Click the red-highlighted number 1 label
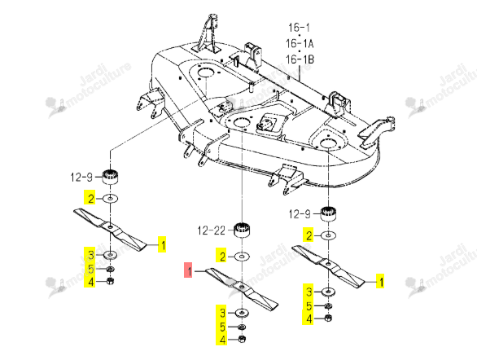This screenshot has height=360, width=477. tap(188, 270)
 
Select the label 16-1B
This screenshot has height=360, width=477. tap(300, 59)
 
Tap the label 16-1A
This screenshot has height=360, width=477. tap(300, 43)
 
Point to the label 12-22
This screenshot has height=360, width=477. tap(212, 230)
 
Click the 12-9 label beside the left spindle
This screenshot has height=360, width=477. tap(81, 177)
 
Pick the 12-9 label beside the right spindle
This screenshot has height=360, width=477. tap(300, 214)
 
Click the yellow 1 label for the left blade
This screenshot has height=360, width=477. tap(162, 244)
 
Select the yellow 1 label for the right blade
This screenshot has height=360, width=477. tap(380, 281)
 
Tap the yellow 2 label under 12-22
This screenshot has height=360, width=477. tap(221, 256)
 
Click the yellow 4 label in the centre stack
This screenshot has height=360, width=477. tap(221, 340)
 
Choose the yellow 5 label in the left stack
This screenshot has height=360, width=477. tap(90, 269)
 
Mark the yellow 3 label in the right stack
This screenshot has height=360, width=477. tap(309, 292)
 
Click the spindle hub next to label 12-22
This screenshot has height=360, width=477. tap(242, 230)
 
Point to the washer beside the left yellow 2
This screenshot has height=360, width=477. tap(110, 199)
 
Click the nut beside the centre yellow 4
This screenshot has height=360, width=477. tap(242, 339)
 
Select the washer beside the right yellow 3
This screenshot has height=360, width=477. tap(328, 292)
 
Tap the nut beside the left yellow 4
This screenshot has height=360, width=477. tap(110, 281)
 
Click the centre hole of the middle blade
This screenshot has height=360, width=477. tap(241, 287)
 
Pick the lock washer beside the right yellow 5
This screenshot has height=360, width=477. tap(328, 305)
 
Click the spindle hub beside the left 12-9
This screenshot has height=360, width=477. tap(110, 176)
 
